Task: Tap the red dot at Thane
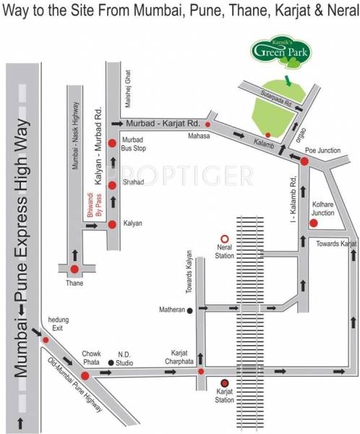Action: pyautogui.click(x=74, y=270)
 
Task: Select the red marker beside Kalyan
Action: pyautogui.click(x=112, y=225)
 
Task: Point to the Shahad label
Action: pyautogui.click(x=132, y=183)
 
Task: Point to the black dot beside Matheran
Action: pyautogui.click(x=190, y=311)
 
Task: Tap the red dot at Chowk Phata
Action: pyautogui.click(x=85, y=375)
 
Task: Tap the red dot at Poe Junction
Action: pyautogui.click(x=305, y=162)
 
